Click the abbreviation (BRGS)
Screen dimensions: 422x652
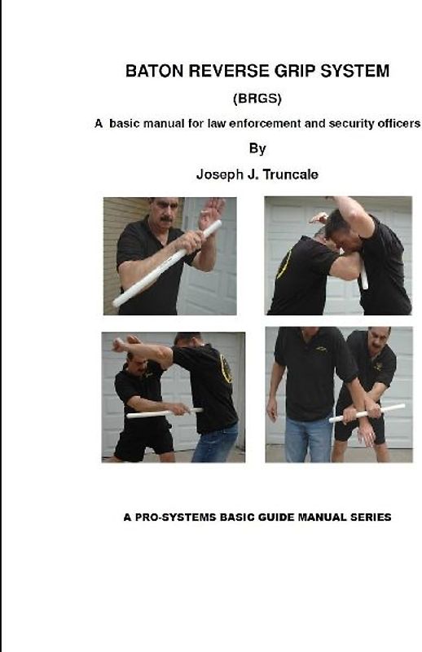tap(257, 99)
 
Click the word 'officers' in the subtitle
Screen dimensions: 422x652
tap(399, 124)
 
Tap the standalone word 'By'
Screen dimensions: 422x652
tap(257, 149)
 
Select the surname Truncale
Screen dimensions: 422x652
tap(291, 174)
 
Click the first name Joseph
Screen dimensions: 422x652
tap(220, 174)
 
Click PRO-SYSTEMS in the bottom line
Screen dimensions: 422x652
tap(175, 518)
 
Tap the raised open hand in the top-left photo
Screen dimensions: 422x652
tap(211, 213)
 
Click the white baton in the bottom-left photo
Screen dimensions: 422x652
tap(165, 413)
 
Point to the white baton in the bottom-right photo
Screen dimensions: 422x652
tap(367, 413)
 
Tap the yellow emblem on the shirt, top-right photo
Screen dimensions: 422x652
tap(284, 264)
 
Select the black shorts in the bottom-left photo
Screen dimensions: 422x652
tap(143, 441)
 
